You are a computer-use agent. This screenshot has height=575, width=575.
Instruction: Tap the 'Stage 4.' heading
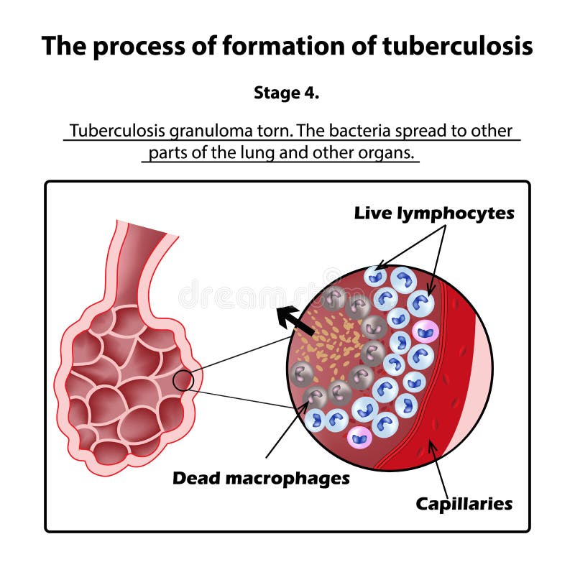pyautogui.click(x=287, y=93)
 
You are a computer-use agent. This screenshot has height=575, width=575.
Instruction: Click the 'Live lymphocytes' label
pyautogui.click(x=434, y=213)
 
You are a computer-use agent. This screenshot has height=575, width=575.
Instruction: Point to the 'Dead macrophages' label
pyautogui.click(x=261, y=478)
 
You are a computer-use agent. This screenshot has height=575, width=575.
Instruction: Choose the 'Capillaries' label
pyautogui.click(x=464, y=504)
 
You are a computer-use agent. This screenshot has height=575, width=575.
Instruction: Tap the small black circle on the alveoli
pyautogui.click(x=184, y=379)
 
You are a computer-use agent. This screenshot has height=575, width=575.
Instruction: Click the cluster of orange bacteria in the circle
pyautogui.click(x=335, y=345)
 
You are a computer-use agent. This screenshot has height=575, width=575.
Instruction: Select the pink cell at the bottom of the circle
pyautogui.click(x=359, y=436)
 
